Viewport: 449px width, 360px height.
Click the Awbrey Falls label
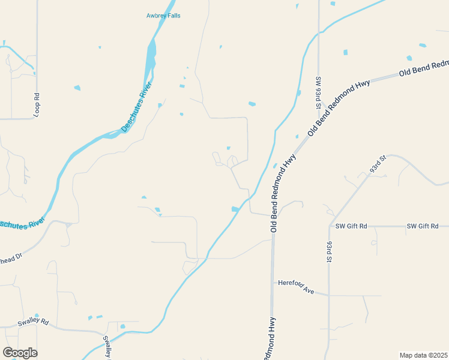coord(163,16)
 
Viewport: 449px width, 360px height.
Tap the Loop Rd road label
coord(37,104)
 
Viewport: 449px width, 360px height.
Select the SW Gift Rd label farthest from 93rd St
coord(423,226)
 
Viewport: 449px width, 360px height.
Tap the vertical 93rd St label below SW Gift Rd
coord(330,253)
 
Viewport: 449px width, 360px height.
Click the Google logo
coord(20,353)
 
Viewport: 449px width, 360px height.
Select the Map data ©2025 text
coord(423,355)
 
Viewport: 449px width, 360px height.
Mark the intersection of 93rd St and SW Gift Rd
coord(330,226)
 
